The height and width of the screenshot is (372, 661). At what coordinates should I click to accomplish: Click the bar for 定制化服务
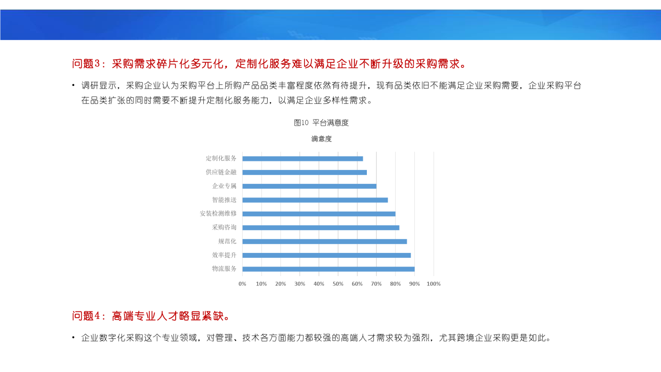(x=302, y=159)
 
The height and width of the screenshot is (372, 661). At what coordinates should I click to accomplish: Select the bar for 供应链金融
(x=304, y=172)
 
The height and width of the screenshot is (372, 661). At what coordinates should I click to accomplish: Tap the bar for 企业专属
(x=309, y=186)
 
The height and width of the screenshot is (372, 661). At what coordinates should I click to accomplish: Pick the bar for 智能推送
(x=315, y=200)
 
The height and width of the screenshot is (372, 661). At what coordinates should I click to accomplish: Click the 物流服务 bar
(x=328, y=269)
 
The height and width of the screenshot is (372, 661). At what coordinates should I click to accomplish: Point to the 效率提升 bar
(x=326, y=255)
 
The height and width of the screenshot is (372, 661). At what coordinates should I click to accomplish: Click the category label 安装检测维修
(x=218, y=213)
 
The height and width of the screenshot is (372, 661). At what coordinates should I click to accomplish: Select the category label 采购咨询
(x=224, y=227)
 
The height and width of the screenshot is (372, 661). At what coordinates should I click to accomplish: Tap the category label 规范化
(x=227, y=241)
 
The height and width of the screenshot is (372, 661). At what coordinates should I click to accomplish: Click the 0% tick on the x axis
(x=242, y=284)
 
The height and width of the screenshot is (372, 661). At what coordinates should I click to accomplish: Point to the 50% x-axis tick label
(x=338, y=284)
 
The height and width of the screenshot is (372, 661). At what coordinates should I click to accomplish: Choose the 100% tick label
(x=433, y=284)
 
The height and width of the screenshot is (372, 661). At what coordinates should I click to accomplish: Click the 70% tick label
(x=376, y=284)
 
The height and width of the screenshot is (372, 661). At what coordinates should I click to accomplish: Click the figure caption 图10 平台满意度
(x=321, y=123)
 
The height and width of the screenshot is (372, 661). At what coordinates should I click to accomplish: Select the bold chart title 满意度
(x=321, y=139)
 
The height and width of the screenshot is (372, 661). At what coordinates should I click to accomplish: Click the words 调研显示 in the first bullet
(x=99, y=86)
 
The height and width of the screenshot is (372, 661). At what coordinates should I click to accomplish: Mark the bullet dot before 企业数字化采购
(x=74, y=337)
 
